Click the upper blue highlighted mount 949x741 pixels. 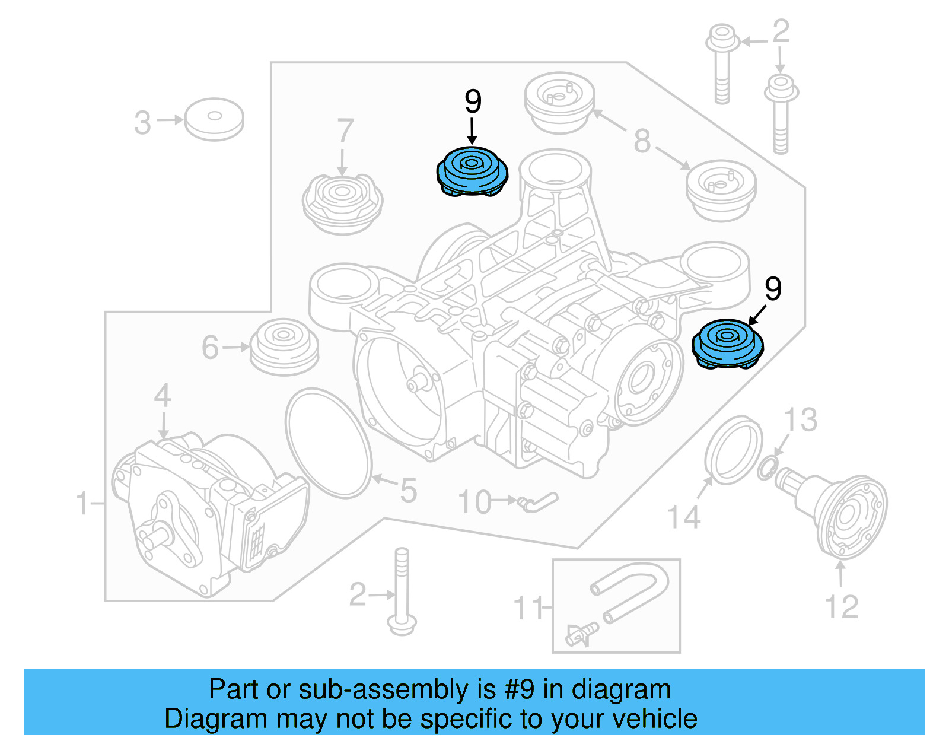coord(472,171)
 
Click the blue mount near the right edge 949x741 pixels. coord(728,344)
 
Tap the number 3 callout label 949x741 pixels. coord(142,123)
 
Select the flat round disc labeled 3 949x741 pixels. coord(214,119)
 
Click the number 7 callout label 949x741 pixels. coord(345,131)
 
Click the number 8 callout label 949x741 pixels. coord(642,141)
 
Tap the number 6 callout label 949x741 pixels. coord(210,348)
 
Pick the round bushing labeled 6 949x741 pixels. coord(285,347)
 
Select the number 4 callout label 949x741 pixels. coord(163,396)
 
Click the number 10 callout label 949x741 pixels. coord(474,503)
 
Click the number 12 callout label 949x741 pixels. coord(841,607)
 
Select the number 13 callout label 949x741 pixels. coord(801,420)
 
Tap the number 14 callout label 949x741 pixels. coord(684,517)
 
